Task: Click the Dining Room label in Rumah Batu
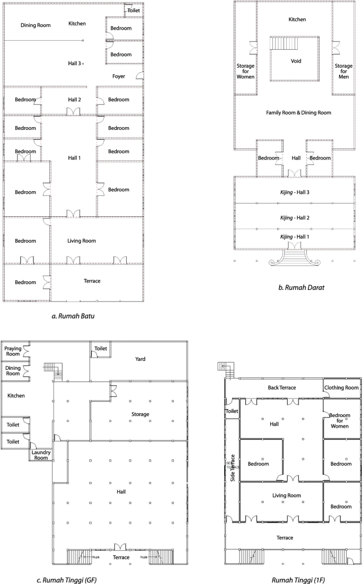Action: (36, 25)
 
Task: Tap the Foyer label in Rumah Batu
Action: (119, 76)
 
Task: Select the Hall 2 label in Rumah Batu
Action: (74, 100)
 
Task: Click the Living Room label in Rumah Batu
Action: (82, 241)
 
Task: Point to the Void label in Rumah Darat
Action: (296, 61)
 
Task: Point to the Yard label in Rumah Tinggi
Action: (140, 359)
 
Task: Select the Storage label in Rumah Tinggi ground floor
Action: (140, 414)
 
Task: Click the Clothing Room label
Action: (342, 387)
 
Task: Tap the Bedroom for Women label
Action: (341, 421)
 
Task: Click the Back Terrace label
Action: (281, 388)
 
